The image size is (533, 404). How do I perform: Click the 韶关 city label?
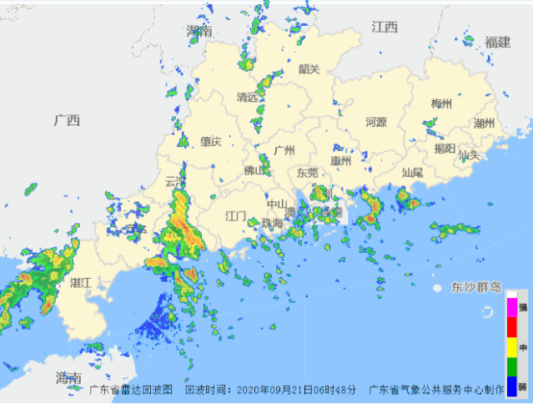pyautogui.click(x=309, y=69)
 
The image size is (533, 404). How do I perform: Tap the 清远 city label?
pyautogui.click(x=248, y=97)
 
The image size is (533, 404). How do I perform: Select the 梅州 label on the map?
pyautogui.click(x=441, y=104)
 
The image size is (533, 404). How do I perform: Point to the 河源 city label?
pyautogui.click(x=376, y=122)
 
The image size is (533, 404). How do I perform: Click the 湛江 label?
pyautogui.click(x=81, y=282)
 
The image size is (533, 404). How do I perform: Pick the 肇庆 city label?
pyautogui.click(x=210, y=142)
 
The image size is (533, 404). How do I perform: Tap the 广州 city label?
pyautogui.click(x=285, y=150)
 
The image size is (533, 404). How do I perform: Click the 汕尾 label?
pyautogui.click(x=412, y=173)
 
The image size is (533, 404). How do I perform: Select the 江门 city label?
pyautogui.click(x=236, y=215)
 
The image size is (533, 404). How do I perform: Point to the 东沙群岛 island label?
pyautogui.click(x=476, y=287)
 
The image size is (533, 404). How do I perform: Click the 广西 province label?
pyautogui.click(x=66, y=120)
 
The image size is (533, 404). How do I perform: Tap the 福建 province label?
pyautogui.click(x=497, y=42)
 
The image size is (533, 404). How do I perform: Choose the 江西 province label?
pyautogui.click(x=385, y=28)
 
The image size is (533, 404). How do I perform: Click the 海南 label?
pyautogui.click(x=68, y=378)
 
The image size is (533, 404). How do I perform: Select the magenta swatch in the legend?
pyautogui.click(x=511, y=306)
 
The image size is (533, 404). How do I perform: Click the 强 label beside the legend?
pyautogui.click(x=523, y=307)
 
